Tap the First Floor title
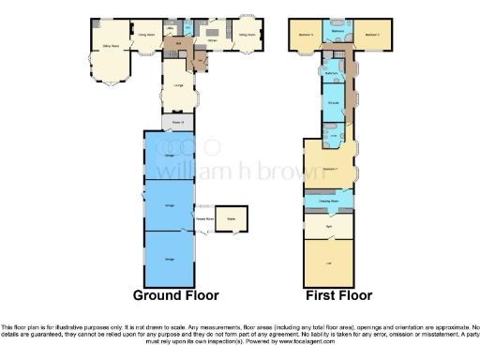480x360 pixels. coord(339,295)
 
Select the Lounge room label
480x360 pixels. coord(175,89)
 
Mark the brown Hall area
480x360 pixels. coord(178,44)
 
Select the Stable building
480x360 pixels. coord(231,221)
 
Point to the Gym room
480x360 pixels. coord(329,225)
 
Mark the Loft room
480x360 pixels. coord(329,262)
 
